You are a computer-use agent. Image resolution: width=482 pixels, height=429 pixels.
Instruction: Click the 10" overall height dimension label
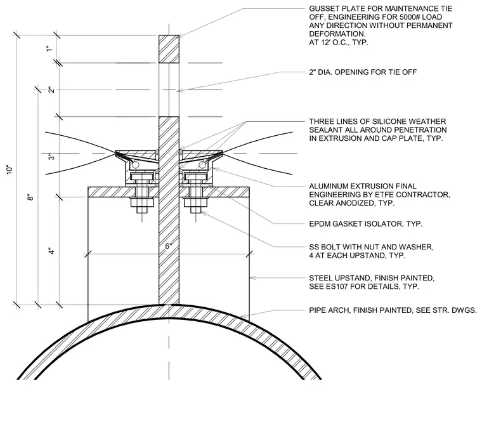click(x=10, y=169)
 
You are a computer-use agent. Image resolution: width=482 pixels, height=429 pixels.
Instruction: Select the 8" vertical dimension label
click(x=30, y=197)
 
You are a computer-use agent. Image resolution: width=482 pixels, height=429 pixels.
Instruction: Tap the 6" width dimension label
click(x=169, y=246)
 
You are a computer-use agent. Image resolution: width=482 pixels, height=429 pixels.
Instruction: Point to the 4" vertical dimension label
click(x=52, y=251)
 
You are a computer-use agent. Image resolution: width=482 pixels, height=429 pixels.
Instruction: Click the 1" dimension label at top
click(x=49, y=49)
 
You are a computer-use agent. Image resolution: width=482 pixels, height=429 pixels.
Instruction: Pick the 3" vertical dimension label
click(x=51, y=157)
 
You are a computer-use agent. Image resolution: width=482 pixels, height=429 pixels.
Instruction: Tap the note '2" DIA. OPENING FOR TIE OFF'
click(x=363, y=72)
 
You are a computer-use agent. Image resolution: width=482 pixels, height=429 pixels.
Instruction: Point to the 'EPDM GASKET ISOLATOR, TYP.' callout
click(x=366, y=224)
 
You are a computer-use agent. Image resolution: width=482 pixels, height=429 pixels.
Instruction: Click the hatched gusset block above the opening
click(x=169, y=49)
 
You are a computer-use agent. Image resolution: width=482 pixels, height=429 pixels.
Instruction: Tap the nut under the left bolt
click(x=141, y=202)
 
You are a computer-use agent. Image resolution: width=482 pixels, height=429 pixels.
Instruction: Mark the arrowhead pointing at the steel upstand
click(x=252, y=278)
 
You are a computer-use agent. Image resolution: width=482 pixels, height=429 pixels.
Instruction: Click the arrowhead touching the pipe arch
click(x=243, y=316)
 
